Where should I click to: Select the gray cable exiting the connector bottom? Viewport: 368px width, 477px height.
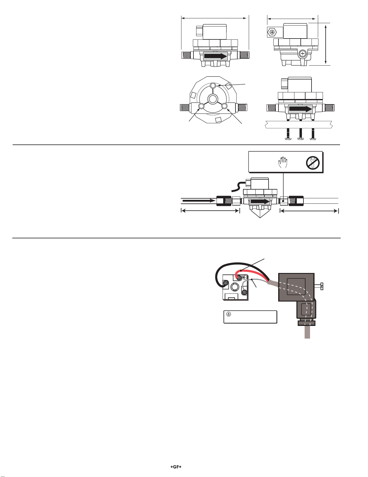point(307,332)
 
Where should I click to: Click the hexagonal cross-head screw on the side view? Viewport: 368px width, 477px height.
point(272,32)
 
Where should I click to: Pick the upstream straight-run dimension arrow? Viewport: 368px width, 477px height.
point(210,211)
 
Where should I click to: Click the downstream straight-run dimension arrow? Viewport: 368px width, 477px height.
point(309,211)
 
